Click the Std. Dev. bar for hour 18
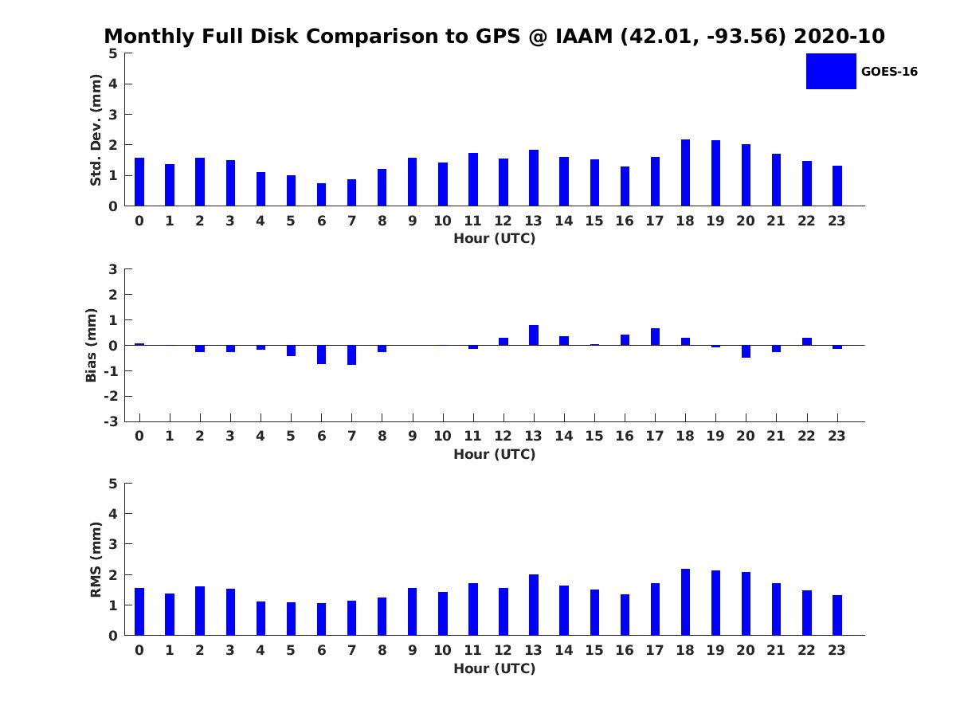[x=685, y=173]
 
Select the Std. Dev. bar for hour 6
[x=321, y=194]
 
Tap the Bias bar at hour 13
[x=534, y=335]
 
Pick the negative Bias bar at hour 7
[x=351, y=355]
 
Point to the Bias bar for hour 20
[x=746, y=351]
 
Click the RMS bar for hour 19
[x=715, y=603]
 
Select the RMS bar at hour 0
[x=139, y=612]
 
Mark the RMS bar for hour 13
[x=534, y=605]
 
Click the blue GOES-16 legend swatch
[x=831, y=71]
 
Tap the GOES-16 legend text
[x=889, y=72]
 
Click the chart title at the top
[x=494, y=37]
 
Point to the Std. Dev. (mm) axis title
[x=96, y=130]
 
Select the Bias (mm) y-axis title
[x=92, y=345]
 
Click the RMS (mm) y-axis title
[x=96, y=559]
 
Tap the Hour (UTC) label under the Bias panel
[x=494, y=454]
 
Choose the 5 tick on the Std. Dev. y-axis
[x=113, y=53]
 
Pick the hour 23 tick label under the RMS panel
[x=837, y=650]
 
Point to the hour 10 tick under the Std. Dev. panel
[x=442, y=221]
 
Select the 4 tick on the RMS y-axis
[x=113, y=514]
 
